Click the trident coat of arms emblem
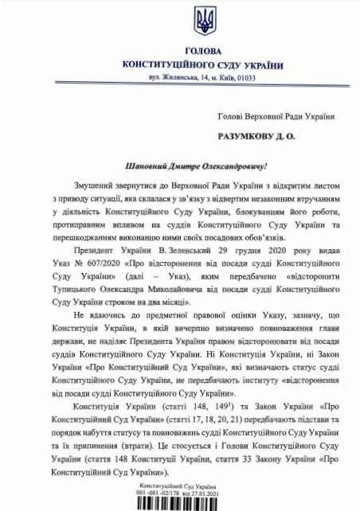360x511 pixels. click(181, 18)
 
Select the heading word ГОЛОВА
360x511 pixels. click(181, 51)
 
